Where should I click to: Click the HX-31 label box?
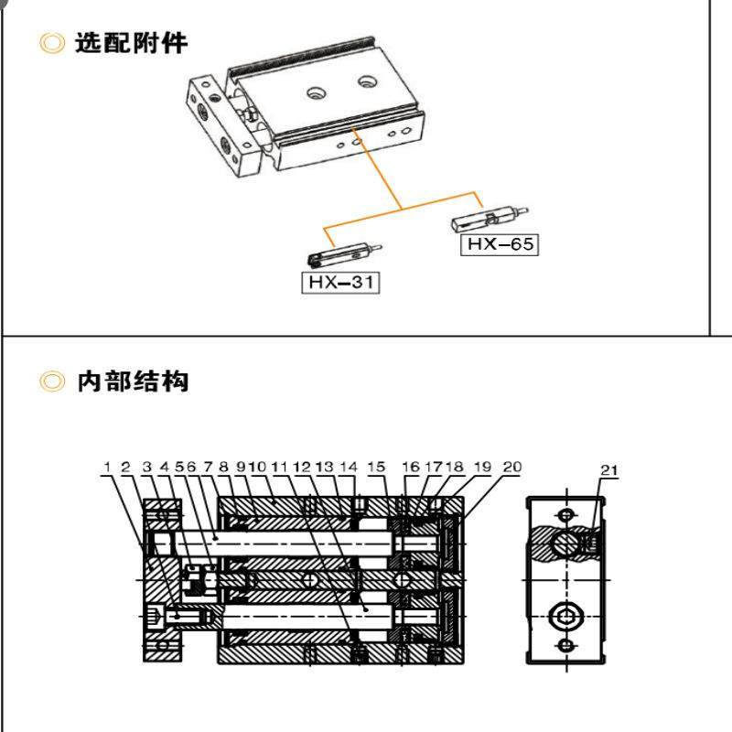click(x=340, y=283)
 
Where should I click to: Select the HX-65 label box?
click(x=500, y=244)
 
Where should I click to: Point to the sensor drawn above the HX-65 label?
click(x=490, y=219)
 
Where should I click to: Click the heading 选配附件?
click(x=132, y=43)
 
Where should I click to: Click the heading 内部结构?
click(x=132, y=381)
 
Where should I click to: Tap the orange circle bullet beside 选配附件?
click(x=54, y=43)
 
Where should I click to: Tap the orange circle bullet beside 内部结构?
click(x=54, y=381)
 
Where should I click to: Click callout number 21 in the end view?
click(x=609, y=470)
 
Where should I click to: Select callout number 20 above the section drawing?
click(x=511, y=468)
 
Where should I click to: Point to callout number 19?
click(x=483, y=468)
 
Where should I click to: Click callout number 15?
click(x=376, y=468)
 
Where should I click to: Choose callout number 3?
click(x=146, y=468)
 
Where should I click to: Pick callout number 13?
click(x=324, y=468)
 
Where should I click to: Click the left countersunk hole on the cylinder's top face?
click(x=317, y=91)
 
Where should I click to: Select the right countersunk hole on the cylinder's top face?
click(x=366, y=81)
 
